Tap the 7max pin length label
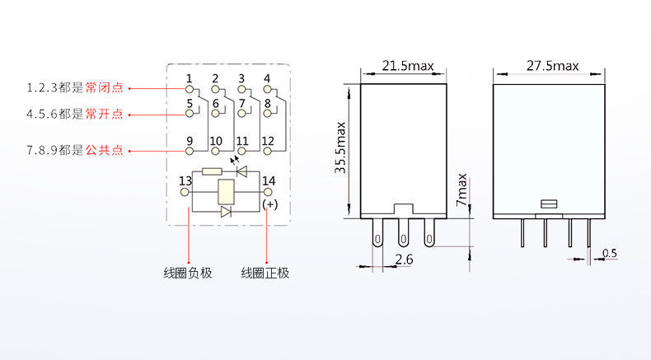pos(461,189)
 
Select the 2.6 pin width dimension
pos(404,260)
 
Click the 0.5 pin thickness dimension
pos(609,253)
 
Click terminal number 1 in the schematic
pos(189,79)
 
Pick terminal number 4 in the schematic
pos(267,79)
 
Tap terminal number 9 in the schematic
pos(189,141)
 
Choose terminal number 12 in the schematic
pos(267,141)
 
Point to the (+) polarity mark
pos(269,203)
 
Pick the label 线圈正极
pos(265,273)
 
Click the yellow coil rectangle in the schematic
pos(225,192)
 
